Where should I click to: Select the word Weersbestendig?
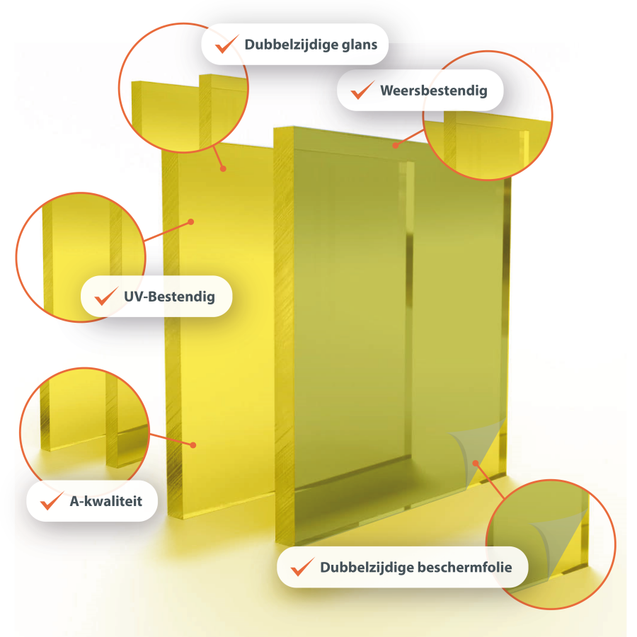(433, 91)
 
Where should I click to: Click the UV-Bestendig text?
(169, 297)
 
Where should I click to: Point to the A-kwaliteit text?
(106, 501)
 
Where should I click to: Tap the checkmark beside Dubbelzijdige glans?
(226, 44)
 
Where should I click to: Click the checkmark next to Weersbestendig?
(362, 90)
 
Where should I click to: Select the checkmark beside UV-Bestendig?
(106, 296)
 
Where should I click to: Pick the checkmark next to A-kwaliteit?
(52, 500)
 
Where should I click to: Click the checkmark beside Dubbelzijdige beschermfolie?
(303, 566)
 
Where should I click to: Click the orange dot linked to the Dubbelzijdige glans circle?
(223, 168)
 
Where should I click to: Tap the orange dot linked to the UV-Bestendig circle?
(191, 222)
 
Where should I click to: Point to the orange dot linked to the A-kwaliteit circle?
(193, 445)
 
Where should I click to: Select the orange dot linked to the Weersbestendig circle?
(395, 145)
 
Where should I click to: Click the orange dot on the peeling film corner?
(476, 464)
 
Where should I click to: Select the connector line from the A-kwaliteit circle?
(171, 440)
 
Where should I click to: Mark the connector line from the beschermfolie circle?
(490, 481)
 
